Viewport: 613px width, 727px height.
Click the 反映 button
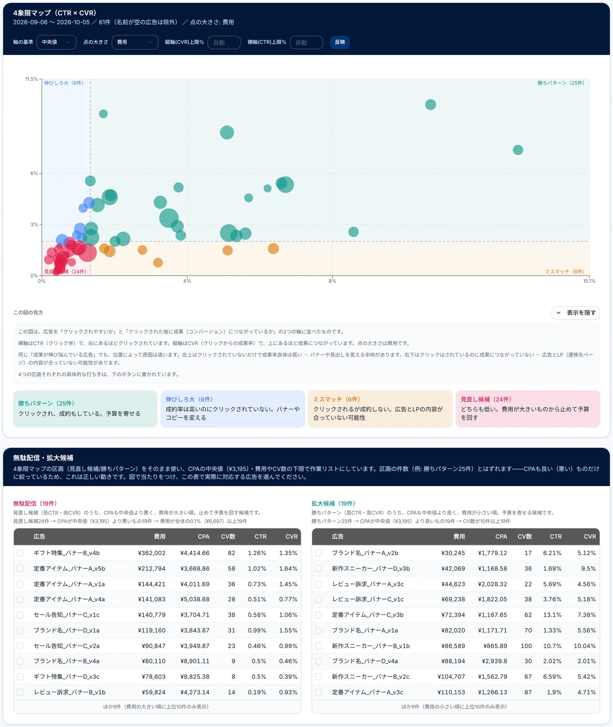(x=340, y=42)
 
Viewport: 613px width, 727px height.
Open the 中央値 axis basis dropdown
(x=56, y=42)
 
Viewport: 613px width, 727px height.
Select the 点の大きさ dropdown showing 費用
(x=135, y=42)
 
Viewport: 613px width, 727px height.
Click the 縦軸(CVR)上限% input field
(x=224, y=42)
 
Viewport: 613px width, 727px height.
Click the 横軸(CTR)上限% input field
(x=306, y=42)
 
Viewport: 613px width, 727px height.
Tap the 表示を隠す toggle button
(x=576, y=313)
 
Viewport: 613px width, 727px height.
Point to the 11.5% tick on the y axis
(x=32, y=79)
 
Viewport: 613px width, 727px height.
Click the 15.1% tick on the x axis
(x=589, y=281)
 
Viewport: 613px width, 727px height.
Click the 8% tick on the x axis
(x=332, y=281)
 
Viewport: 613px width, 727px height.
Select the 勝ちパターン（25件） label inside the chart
(x=561, y=83)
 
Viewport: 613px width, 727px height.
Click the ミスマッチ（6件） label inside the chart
(x=565, y=272)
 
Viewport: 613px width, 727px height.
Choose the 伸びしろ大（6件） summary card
(x=233, y=409)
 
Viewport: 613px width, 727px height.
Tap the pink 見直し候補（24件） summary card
(x=528, y=409)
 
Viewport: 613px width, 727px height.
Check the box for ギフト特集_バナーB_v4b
(x=20, y=553)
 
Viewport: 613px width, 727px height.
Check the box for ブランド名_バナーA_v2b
(x=319, y=553)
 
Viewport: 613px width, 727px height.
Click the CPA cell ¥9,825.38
(x=195, y=677)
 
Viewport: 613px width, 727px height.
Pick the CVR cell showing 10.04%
(x=585, y=646)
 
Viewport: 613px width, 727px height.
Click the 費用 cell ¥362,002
(x=151, y=553)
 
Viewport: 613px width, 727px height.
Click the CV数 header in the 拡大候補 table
(x=525, y=536)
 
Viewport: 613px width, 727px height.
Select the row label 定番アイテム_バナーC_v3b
(x=368, y=615)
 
